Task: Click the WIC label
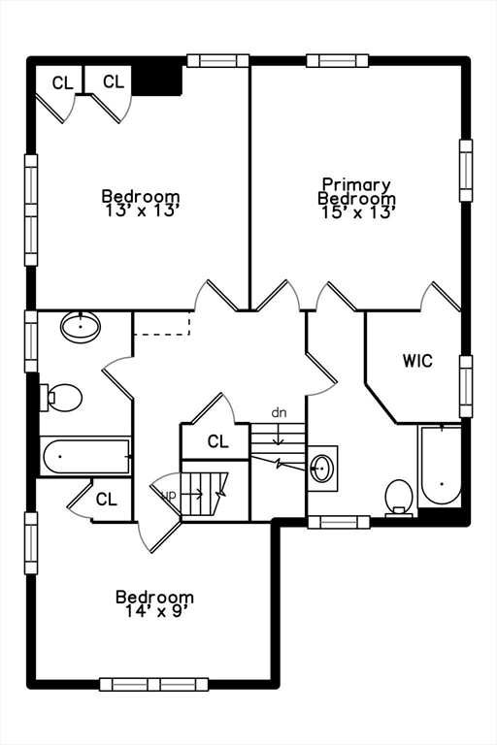point(417,361)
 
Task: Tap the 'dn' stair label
point(280,413)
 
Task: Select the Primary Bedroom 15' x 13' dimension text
point(357,212)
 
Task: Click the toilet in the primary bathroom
point(399,497)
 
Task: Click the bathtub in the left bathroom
point(86,456)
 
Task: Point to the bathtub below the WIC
point(440,468)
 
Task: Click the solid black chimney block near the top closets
point(157,79)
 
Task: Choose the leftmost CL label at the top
point(62,83)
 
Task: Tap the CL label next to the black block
point(114,81)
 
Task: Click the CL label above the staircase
point(218,442)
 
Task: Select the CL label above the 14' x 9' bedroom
point(106,501)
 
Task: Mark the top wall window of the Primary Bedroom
point(338,60)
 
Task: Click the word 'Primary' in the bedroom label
point(356,184)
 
